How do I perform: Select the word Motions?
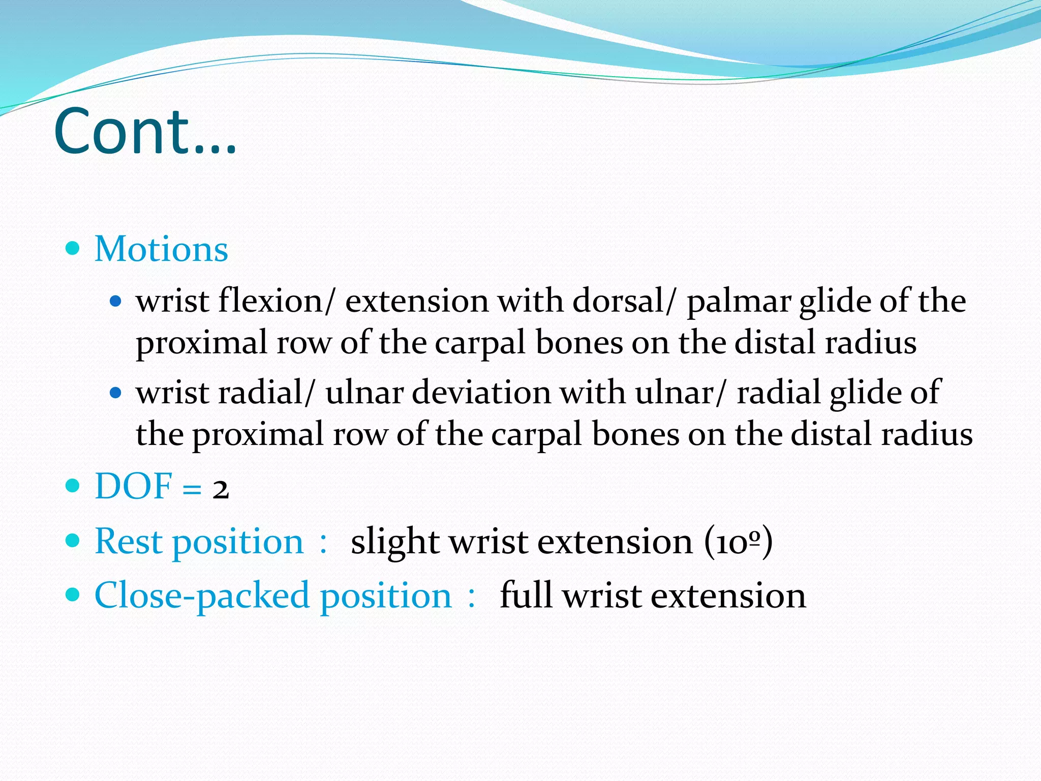coord(161,249)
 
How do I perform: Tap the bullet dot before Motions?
coord(73,248)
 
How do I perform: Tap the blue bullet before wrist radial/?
coord(116,393)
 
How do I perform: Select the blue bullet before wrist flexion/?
coord(116,301)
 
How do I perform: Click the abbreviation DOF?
coord(133,486)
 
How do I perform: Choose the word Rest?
coord(128,541)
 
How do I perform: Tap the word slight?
coord(395,542)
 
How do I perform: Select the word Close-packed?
coord(202,596)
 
